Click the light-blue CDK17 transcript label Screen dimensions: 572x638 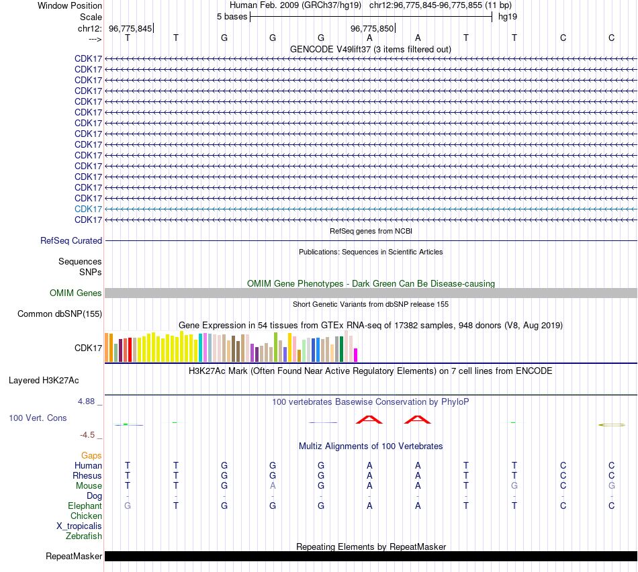coord(88,209)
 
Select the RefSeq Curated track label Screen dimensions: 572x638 coord(71,240)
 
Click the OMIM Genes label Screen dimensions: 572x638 coord(76,293)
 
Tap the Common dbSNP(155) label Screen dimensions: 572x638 coord(60,314)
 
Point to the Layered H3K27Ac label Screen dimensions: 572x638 coord(44,380)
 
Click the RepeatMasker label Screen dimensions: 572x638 coord(74,556)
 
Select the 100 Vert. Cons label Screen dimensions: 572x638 coord(38,418)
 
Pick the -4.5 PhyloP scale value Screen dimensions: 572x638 coord(89,434)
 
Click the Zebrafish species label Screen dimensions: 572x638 coord(84,536)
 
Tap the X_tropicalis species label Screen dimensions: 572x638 coord(79,526)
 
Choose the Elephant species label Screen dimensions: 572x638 coord(85,506)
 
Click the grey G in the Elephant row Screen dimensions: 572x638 coord(128,506)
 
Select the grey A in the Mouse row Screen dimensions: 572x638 coord(273,485)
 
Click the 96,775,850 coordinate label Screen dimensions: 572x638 coord(372,28)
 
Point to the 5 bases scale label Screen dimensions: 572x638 coord(232,16)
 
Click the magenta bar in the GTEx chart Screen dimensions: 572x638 coord(356,354)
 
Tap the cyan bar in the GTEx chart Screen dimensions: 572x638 coord(201,347)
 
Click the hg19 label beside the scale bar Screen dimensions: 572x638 coord(507,16)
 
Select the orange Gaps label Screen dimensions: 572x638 coord(91,455)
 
